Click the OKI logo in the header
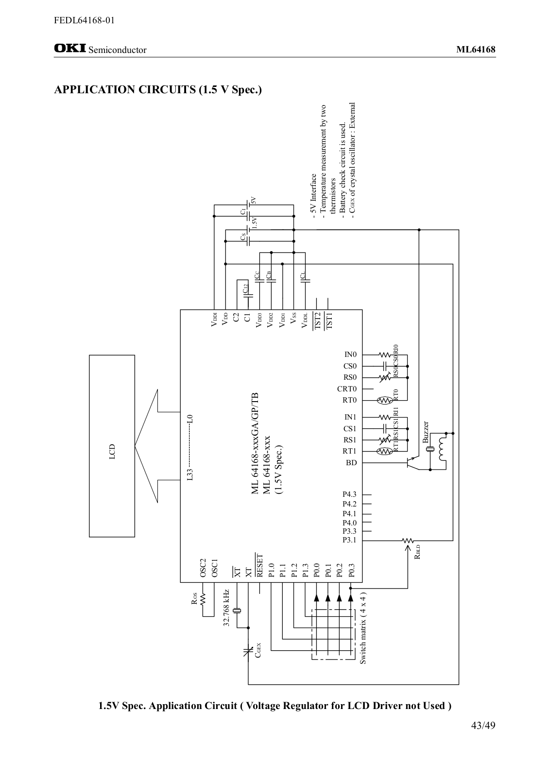(x=70, y=49)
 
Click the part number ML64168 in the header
(x=476, y=50)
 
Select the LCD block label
(x=112, y=451)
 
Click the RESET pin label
(x=259, y=566)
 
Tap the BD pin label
(x=351, y=463)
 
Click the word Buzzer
(x=426, y=433)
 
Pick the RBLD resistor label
(x=417, y=552)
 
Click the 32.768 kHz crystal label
(x=226, y=608)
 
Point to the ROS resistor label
(x=194, y=599)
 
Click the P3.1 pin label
(x=349, y=540)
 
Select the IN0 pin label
(x=350, y=355)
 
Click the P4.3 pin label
(x=349, y=495)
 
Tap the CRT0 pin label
(x=347, y=389)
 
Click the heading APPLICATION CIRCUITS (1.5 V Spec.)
(x=158, y=90)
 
